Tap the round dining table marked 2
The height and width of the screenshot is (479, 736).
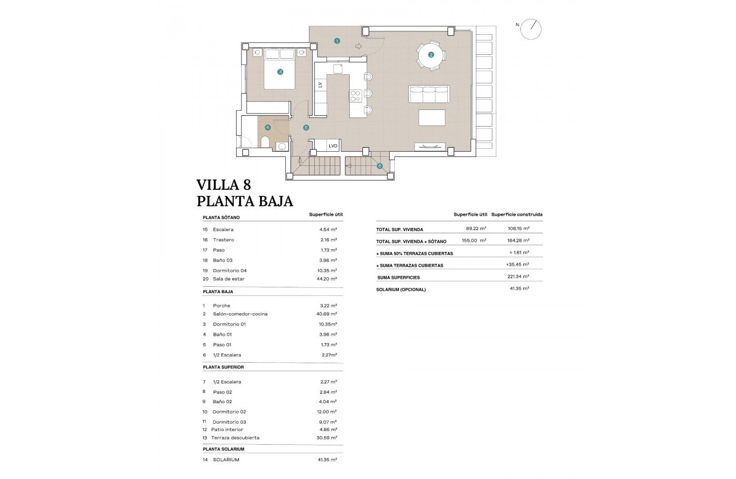[x=431, y=55]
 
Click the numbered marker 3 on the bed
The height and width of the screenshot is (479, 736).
[x=280, y=72]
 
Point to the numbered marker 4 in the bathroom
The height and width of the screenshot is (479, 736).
[x=268, y=128]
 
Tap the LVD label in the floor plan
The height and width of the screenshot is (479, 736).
[x=333, y=146]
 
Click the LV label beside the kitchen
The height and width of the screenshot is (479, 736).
[x=320, y=84]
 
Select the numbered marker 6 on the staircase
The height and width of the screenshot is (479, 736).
[x=379, y=167]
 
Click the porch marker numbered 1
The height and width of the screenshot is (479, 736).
[x=337, y=41]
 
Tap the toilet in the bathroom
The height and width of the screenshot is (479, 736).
[x=265, y=142]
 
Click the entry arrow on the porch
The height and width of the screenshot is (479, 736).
[x=358, y=46]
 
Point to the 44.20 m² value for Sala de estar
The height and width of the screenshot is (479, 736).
[x=329, y=279]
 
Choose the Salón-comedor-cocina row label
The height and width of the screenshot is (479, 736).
[x=240, y=314]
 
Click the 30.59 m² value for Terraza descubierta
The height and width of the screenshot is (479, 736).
[x=329, y=438]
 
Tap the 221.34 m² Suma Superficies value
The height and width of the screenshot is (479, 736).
[x=519, y=277]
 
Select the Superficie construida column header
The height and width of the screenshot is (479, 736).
[x=516, y=214]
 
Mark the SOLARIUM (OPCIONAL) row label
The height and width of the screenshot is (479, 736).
[x=401, y=289]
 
